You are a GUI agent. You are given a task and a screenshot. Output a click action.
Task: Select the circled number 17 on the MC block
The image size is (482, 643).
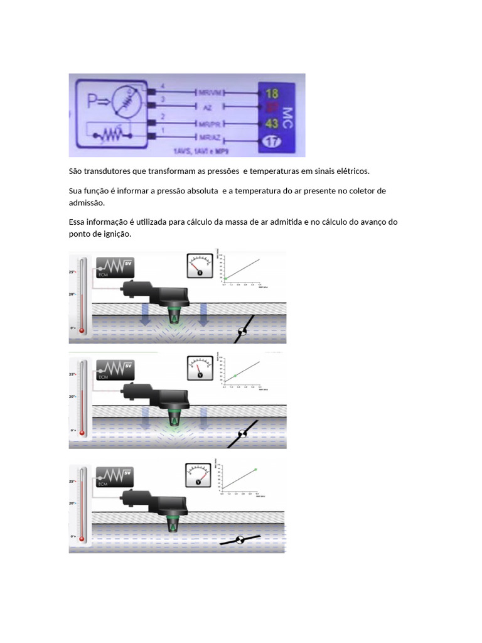[271, 141]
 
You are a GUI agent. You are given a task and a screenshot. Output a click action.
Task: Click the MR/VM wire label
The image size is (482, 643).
[210, 92]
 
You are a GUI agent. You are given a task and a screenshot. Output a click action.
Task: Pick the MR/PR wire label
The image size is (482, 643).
[210, 122]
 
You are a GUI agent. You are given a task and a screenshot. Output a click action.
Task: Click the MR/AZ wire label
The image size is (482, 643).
[210, 138]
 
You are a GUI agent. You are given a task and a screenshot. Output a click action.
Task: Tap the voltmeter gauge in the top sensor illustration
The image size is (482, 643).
[200, 266]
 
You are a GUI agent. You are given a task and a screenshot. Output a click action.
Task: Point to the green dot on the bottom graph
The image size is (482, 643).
[255, 469]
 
